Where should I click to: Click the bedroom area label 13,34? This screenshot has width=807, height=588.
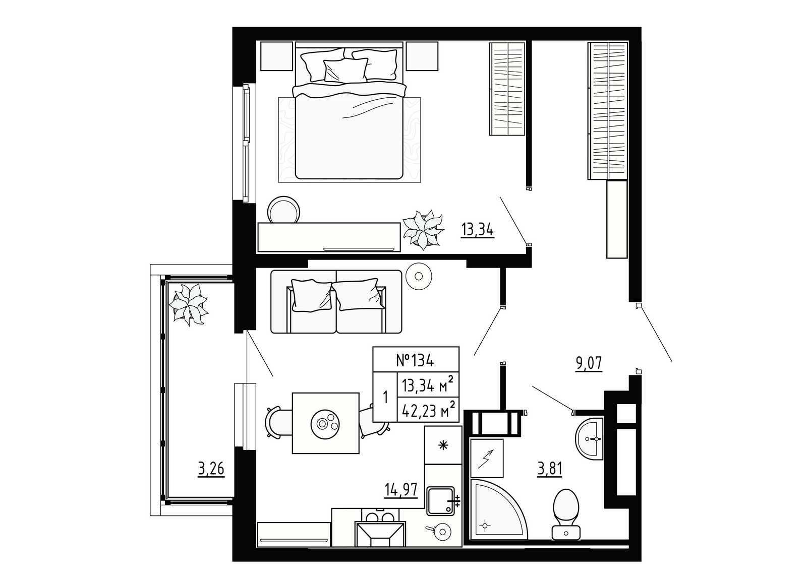[x=477, y=230]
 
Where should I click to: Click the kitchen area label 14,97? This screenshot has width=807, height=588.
[x=401, y=489]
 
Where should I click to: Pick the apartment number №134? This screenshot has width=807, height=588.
[x=416, y=360]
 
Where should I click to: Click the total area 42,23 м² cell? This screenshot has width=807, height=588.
[x=428, y=410]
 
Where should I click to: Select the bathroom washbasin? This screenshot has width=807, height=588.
[x=590, y=438]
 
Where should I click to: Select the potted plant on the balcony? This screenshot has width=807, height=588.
[x=189, y=303]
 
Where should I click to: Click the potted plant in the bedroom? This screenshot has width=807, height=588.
[x=423, y=229]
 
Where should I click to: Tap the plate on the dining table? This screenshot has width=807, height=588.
[x=326, y=423]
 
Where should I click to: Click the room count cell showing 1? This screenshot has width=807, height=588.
[x=385, y=397]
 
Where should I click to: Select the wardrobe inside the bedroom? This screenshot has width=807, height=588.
[x=507, y=89]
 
